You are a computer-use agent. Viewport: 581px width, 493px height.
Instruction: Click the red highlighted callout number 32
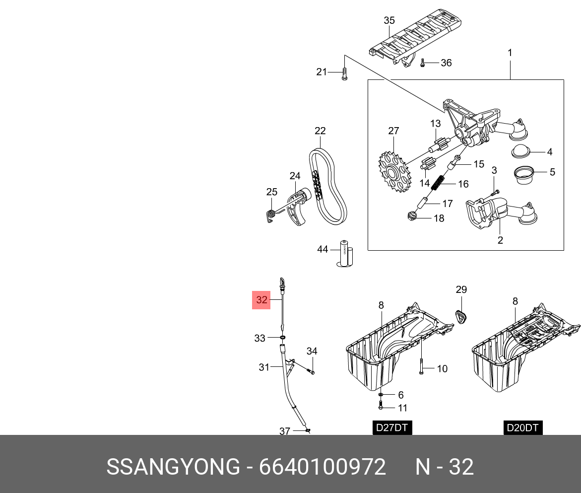(x=261, y=300)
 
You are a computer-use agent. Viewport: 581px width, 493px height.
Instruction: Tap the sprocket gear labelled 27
(x=392, y=172)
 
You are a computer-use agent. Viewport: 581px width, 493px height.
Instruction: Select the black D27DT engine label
(x=392, y=427)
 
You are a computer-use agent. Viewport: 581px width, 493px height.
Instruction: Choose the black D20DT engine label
(x=523, y=427)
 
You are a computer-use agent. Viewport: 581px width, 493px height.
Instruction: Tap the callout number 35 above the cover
(x=389, y=20)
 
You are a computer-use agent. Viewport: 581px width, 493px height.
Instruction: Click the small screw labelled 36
(x=422, y=63)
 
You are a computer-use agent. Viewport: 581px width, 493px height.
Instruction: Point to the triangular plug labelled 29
(x=462, y=317)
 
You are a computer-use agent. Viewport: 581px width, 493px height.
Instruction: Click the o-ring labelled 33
(x=282, y=338)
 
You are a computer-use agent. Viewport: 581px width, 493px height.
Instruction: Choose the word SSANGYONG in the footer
(x=173, y=467)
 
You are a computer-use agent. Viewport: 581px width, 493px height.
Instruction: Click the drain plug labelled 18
(x=410, y=216)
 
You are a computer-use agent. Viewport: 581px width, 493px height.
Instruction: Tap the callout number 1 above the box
(x=510, y=53)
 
